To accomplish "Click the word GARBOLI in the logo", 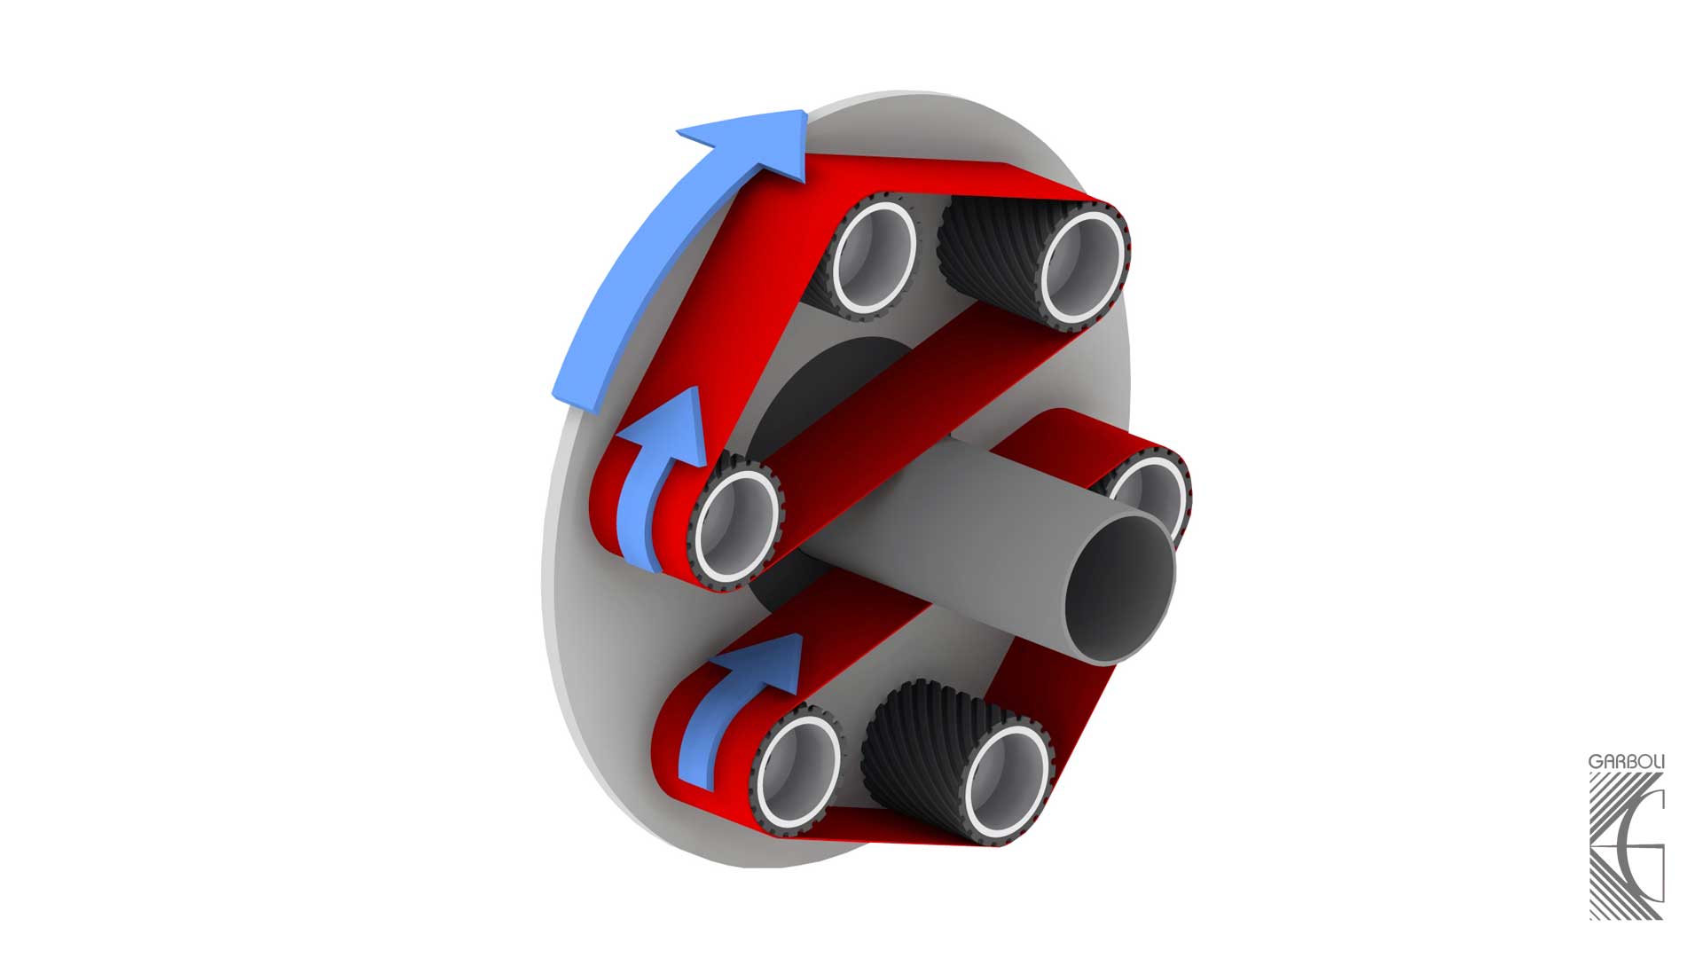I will click(1626, 762).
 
